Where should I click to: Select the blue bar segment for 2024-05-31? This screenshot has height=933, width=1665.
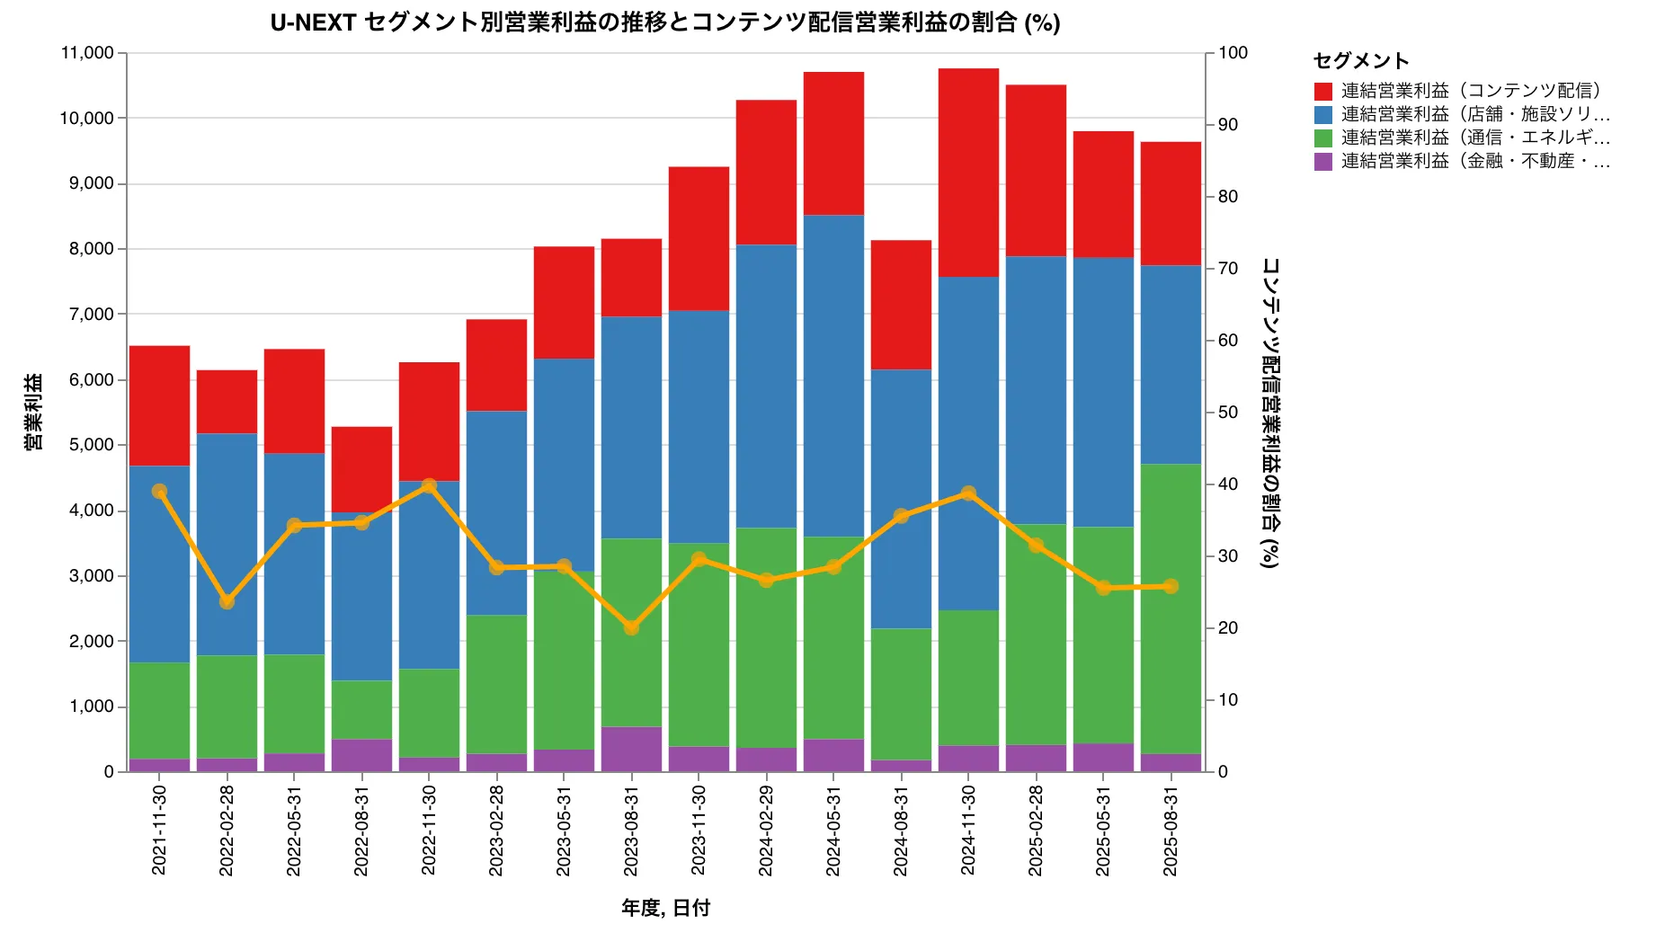(833, 376)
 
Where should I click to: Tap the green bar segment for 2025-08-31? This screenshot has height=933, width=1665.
(1171, 609)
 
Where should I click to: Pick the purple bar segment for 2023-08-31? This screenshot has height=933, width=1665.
(631, 749)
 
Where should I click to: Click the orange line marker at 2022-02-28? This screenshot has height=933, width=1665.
(227, 601)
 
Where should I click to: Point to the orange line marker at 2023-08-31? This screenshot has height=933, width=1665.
(631, 627)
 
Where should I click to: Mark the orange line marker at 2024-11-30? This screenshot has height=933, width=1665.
(968, 493)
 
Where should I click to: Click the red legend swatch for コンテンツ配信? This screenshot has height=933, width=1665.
(1322, 91)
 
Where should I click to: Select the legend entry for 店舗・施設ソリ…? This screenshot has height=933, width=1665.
(1474, 114)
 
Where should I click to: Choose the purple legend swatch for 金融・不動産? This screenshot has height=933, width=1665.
(1322, 162)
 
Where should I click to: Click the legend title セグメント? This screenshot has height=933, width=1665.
(1360, 60)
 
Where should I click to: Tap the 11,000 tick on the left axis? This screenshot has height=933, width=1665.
(87, 53)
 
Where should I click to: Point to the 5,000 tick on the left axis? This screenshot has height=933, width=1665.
(91, 445)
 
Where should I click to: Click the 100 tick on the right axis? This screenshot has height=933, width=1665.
(1233, 53)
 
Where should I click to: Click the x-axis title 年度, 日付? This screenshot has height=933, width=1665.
(665, 908)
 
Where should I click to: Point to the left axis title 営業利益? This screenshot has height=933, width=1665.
(33, 412)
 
